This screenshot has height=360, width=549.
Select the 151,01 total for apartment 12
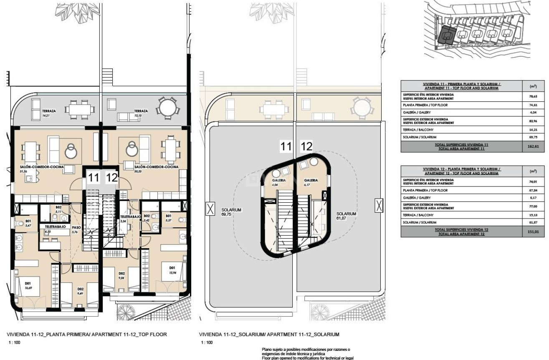(x=533, y=232)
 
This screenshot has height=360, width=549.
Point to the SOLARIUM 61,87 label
(x=346, y=215)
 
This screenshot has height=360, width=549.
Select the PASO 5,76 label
(x=76, y=230)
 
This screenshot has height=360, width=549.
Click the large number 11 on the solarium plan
(x=286, y=146)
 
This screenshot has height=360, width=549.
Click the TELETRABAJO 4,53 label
(x=52, y=228)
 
